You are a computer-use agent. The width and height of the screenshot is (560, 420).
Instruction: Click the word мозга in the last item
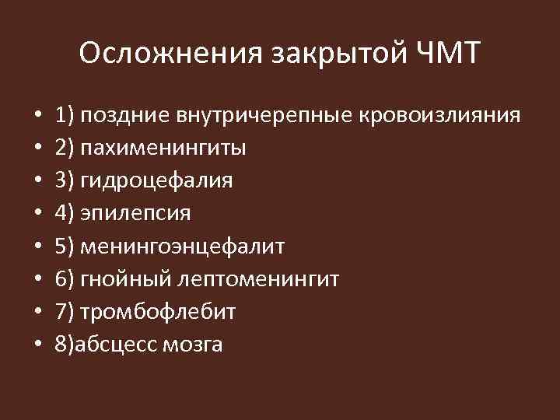[x=192, y=345]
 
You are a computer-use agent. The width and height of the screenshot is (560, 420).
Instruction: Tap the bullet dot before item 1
[x=37, y=117]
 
